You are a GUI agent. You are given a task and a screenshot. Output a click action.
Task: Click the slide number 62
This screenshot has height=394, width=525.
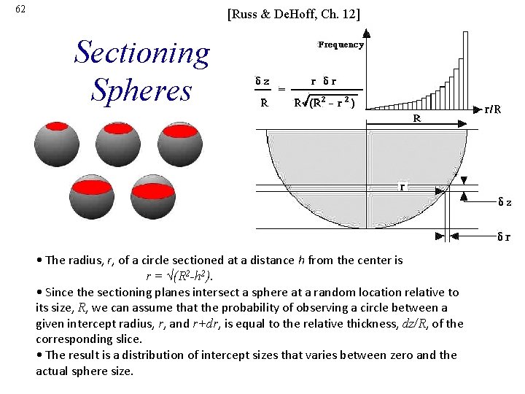[20, 9]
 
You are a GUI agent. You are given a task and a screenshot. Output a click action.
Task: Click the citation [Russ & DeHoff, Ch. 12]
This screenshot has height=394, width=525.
[293, 14]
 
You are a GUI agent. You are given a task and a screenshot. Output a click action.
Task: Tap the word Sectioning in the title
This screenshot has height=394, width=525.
[142, 53]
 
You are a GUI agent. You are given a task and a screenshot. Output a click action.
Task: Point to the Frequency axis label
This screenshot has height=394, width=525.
[341, 45]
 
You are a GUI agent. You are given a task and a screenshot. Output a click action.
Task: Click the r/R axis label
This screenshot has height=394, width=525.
[497, 110]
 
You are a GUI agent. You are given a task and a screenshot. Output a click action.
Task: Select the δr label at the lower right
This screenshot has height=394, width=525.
[504, 236]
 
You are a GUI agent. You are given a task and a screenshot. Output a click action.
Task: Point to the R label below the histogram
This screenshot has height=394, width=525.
[416, 117]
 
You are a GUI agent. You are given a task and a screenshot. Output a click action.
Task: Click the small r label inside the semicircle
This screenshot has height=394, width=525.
[402, 187]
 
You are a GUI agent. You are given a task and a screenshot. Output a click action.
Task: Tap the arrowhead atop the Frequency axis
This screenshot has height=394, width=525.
[367, 33]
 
